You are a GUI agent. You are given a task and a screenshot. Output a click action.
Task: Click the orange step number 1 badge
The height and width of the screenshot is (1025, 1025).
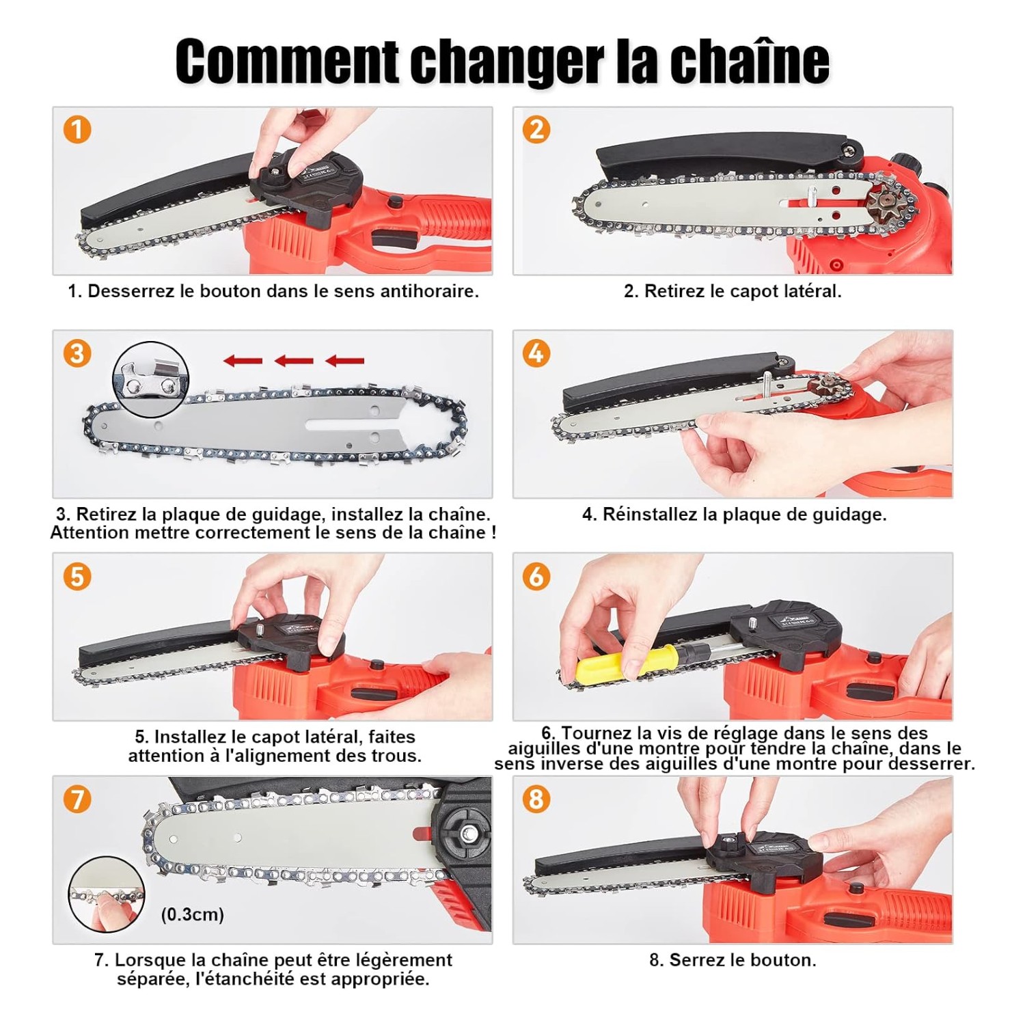pyautogui.click(x=77, y=130)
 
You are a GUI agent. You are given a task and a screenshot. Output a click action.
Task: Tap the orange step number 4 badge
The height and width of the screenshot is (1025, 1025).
pyautogui.click(x=536, y=353)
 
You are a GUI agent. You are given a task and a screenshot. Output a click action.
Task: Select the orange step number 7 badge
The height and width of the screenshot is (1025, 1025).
pyautogui.click(x=77, y=799)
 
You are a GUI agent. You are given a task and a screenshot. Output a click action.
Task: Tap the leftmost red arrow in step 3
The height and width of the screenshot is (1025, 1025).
pyautogui.click(x=243, y=360)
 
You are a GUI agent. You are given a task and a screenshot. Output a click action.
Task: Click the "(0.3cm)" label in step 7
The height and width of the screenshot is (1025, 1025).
pyautogui.click(x=193, y=914)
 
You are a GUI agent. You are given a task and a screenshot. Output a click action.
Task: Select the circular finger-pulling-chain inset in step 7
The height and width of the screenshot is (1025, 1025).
pyautogui.click(x=107, y=895)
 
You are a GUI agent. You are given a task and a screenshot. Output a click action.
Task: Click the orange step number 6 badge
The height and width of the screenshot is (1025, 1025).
pyautogui.click(x=536, y=576)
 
